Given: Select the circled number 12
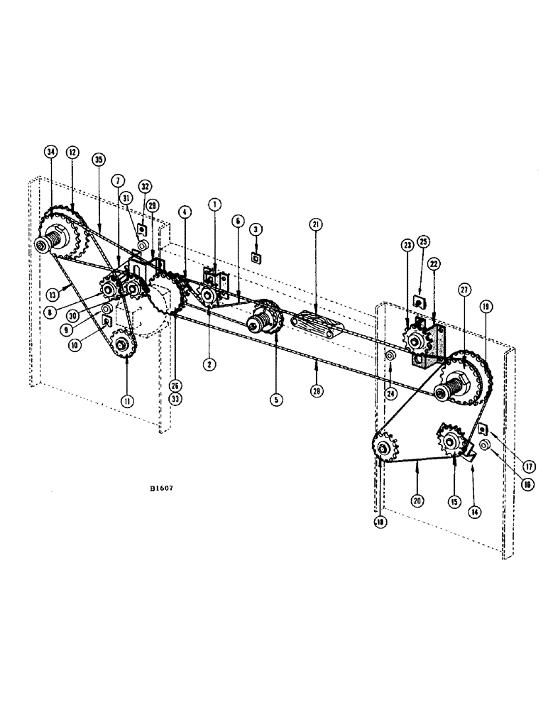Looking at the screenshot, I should click(72, 152).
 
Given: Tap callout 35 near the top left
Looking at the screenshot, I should click(98, 160).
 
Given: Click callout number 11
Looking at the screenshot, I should click(126, 400).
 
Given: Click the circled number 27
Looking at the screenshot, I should click(464, 290).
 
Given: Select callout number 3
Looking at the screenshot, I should click(254, 229).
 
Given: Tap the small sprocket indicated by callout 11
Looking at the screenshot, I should click(124, 345).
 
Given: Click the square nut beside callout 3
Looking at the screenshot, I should click(255, 258).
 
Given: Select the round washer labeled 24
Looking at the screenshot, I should click(390, 354).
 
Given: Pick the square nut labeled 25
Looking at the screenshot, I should click(420, 301).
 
